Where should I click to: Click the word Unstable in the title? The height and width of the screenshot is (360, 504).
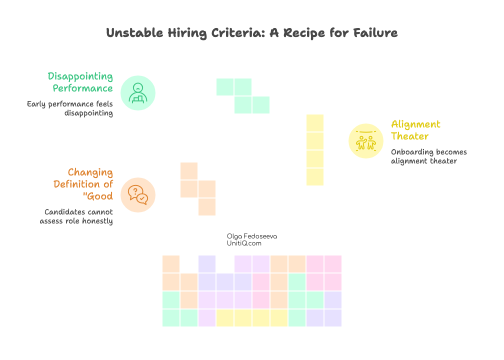pos(127,33)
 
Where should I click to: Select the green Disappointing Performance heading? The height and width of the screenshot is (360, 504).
pos(80,82)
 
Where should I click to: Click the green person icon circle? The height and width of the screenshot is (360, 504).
pos(138,92)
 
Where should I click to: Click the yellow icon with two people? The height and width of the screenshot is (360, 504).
pos(366,140)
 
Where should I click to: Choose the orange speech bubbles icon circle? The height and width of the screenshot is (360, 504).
pos(138,194)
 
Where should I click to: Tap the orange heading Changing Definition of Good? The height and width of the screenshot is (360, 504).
pos(83,184)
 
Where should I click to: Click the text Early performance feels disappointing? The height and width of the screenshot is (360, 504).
pos(70,108)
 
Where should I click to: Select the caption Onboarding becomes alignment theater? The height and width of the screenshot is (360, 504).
pos(428,156)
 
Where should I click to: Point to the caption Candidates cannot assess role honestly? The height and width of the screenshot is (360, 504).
pos(76,216)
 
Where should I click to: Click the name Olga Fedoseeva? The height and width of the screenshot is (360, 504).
pos(252,236)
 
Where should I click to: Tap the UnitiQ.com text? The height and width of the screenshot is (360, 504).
pos(244,243)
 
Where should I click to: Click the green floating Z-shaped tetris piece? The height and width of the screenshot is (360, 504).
pos(243,96)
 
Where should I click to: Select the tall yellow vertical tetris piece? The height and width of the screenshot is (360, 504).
pos(315,150)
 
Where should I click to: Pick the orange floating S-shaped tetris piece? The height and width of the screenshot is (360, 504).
pos(198,189)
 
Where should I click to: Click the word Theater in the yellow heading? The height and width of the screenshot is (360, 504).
pos(409,136)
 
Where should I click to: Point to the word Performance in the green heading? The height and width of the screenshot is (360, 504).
pos(83,88)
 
